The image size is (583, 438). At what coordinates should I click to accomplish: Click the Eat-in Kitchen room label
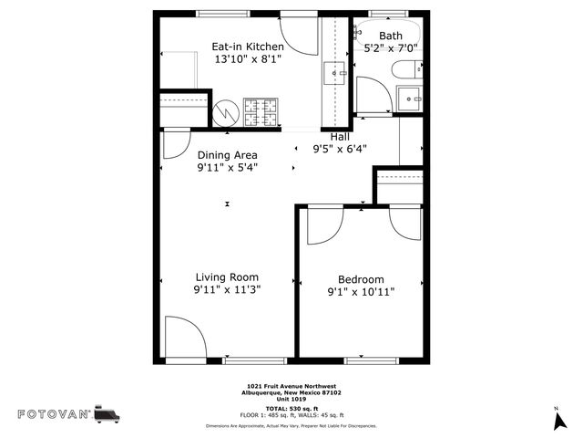tap(248, 47)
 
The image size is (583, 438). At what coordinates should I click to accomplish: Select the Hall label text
tap(339, 136)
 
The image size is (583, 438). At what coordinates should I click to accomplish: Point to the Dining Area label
tap(228, 155)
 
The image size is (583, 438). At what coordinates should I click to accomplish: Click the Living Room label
tap(228, 277)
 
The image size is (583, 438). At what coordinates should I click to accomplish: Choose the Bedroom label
tap(361, 279)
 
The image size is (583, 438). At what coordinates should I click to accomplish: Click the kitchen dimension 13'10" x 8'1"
tap(248, 59)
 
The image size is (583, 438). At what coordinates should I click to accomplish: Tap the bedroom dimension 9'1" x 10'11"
tap(361, 293)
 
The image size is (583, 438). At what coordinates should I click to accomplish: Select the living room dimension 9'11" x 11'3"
tap(228, 290)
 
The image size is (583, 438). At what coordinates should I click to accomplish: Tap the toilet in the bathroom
tap(405, 68)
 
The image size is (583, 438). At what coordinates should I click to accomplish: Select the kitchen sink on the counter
tap(334, 71)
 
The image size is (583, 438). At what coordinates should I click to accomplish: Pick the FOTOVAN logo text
tap(55, 414)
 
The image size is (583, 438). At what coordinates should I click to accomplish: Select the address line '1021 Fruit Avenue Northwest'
tap(291, 386)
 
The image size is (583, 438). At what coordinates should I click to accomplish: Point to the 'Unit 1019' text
tap(291, 398)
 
